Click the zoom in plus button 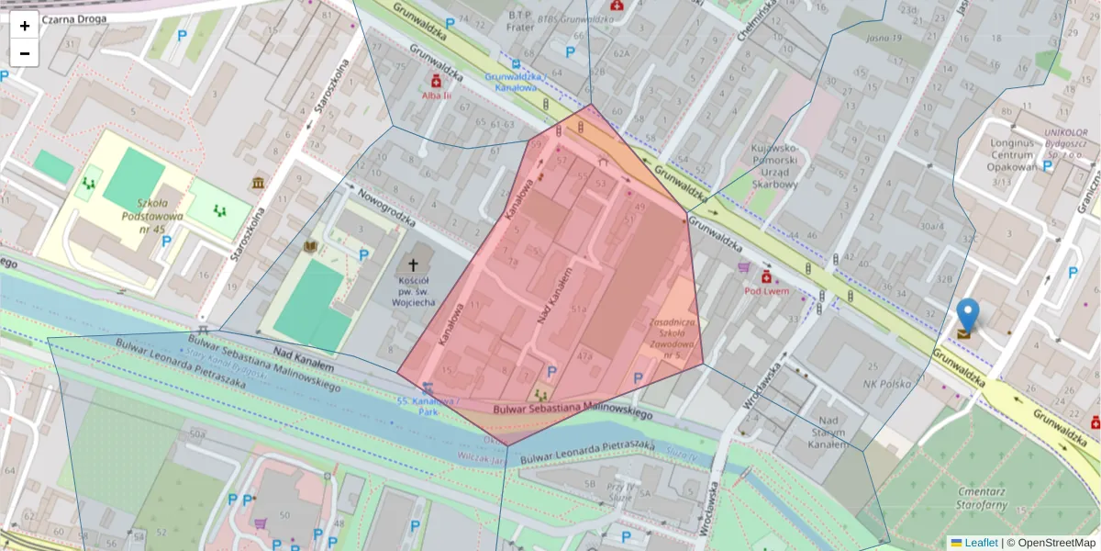click(25, 26)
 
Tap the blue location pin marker click(967, 316)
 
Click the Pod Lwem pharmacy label click(767, 291)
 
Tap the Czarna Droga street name click(74, 18)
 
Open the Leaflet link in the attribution click(980, 543)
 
